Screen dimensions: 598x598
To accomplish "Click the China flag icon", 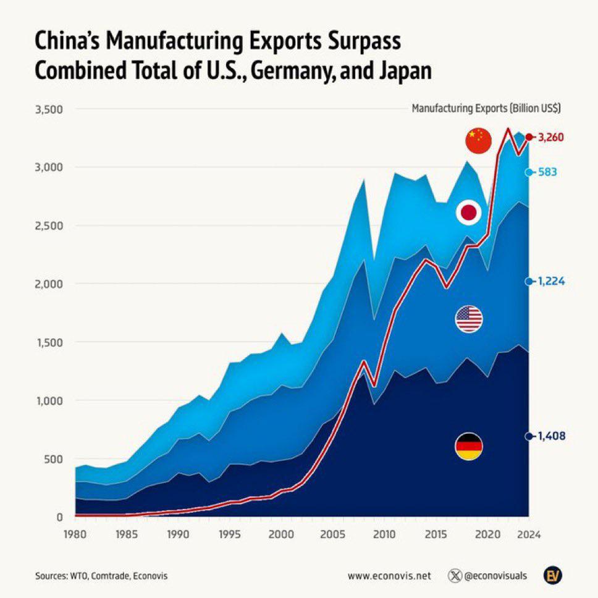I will [478, 141].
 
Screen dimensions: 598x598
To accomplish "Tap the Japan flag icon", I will [468, 213].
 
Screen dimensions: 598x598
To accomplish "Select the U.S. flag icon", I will [469, 319].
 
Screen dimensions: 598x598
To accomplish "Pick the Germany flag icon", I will [469, 447].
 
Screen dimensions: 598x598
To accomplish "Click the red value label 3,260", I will [552, 137].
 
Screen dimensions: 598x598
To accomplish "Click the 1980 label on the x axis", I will [75, 536].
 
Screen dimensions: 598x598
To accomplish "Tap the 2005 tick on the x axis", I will [334, 536].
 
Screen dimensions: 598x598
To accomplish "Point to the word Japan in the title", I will [400, 71].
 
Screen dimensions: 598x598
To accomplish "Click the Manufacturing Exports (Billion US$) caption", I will [486, 108].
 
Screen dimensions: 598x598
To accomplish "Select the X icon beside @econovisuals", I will [455, 575].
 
